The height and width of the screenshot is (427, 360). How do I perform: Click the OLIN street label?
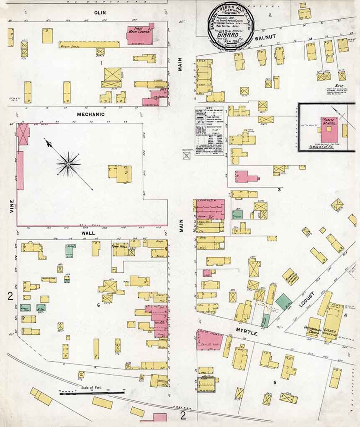pos(99,13)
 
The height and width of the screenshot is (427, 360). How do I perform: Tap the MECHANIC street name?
pos(92,114)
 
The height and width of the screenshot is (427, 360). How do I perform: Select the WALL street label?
pos(88,233)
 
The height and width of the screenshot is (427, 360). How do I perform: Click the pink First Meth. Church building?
pos(138,35)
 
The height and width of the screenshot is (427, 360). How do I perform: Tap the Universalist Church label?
pos(313,330)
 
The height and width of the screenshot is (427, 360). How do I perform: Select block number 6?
pos(98,305)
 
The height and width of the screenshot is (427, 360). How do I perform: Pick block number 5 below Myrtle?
pos(275,382)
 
